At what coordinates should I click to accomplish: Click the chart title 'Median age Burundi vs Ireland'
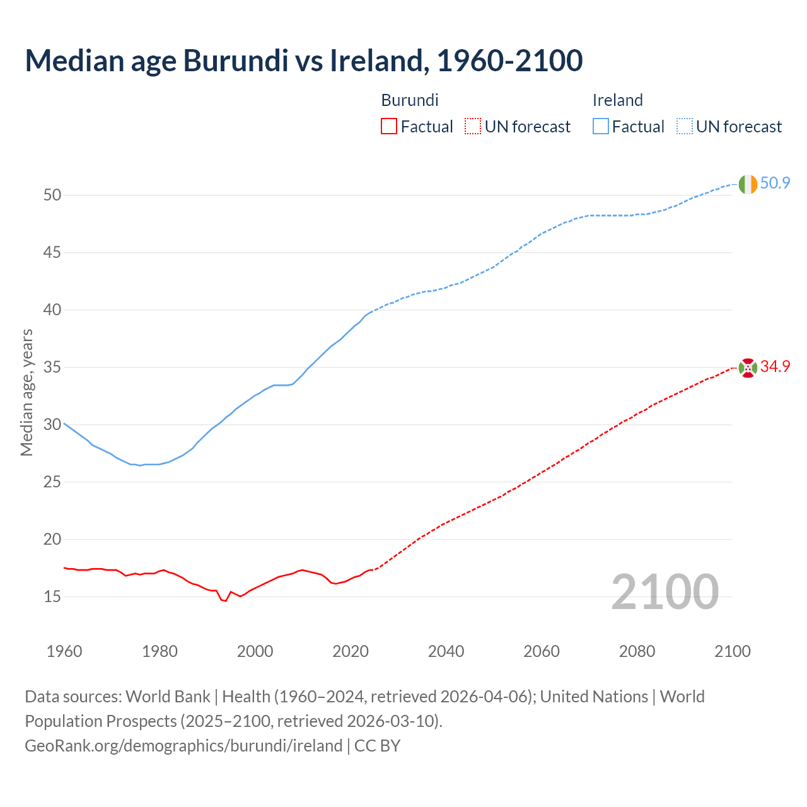pyautogui.click(x=303, y=61)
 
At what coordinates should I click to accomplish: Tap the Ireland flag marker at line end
pyautogui.click(x=748, y=184)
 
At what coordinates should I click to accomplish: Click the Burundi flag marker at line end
pyautogui.click(x=748, y=368)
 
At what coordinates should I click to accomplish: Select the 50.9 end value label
pyautogui.click(x=775, y=183)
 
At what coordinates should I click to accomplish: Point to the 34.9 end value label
pyautogui.click(x=775, y=367)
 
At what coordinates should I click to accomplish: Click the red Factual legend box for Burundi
pyautogui.click(x=389, y=127)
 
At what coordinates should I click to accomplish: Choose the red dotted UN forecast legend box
pyautogui.click(x=473, y=127)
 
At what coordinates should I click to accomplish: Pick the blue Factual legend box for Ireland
pyautogui.click(x=600, y=127)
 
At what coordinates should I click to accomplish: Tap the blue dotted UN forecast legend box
pyautogui.click(x=684, y=127)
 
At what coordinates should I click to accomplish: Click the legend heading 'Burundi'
pyautogui.click(x=410, y=100)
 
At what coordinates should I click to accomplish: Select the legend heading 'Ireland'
pyautogui.click(x=617, y=100)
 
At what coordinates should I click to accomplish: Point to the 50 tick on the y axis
pyautogui.click(x=52, y=195)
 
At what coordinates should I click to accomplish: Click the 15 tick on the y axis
pyautogui.click(x=52, y=596)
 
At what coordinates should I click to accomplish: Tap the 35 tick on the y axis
pyautogui.click(x=52, y=368)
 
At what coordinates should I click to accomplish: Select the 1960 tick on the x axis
pyautogui.click(x=64, y=651)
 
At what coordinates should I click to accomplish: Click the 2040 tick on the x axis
pyautogui.click(x=446, y=651)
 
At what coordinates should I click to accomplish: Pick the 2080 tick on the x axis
pyautogui.click(x=637, y=651)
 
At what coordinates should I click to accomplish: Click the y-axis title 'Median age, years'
pyautogui.click(x=26, y=392)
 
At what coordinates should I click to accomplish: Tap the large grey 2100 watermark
pyautogui.click(x=665, y=592)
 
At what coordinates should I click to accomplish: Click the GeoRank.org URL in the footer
pyautogui.click(x=183, y=746)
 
